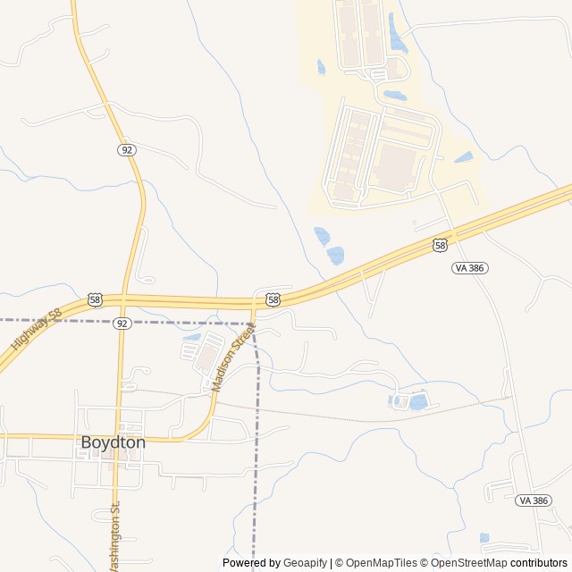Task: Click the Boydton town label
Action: click(x=113, y=442)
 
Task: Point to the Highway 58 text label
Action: click(x=36, y=330)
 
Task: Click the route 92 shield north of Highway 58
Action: click(x=126, y=149)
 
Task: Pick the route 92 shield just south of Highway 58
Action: click(x=122, y=323)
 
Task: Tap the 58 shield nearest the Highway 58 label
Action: click(x=96, y=299)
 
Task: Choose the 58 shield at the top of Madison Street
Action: click(x=273, y=299)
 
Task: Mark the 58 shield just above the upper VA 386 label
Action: click(x=440, y=245)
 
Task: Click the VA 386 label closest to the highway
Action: click(x=470, y=267)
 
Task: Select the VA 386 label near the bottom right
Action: click(x=534, y=500)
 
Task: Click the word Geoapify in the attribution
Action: click(x=305, y=563)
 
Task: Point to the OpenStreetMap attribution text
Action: click(x=468, y=563)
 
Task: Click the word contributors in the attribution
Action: click(x=539, y=563)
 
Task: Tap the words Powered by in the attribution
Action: click(x=251, y=563)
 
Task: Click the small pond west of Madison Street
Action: click(x=191, y=338)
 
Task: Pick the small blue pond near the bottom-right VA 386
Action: click(x=484, y=538)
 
